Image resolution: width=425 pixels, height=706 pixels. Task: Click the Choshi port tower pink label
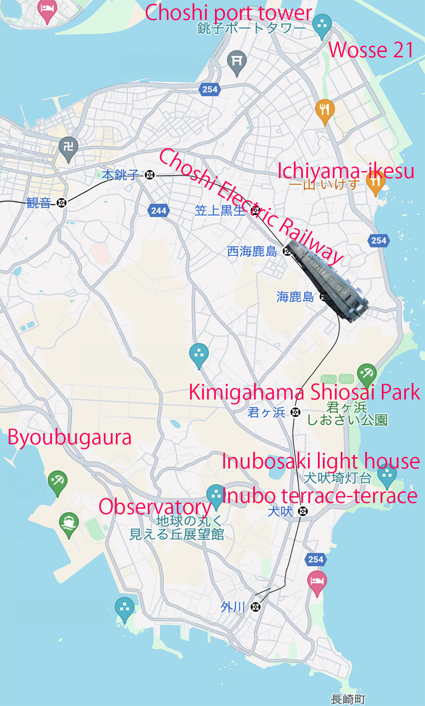point(228,12)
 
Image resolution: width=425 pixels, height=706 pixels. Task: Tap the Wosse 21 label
point(371,50)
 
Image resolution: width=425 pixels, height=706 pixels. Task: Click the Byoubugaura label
point(70,437)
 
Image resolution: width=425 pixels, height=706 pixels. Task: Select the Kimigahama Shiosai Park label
point(304,392)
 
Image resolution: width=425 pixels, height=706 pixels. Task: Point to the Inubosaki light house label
point(321,461)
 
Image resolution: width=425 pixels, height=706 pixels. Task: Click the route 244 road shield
point(159,211)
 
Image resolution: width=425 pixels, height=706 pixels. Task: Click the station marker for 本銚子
point(150,175)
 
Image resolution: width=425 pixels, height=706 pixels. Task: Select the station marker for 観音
point(61,203)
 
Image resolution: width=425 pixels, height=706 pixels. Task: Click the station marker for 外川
point(256,607)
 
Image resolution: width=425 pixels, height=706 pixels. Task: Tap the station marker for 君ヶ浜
point(296,412)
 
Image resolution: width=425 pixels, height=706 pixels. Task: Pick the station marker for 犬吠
point(303,511)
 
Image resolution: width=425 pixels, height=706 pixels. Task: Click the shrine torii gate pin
point(237,62)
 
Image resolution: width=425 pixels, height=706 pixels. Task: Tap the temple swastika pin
point(68,147)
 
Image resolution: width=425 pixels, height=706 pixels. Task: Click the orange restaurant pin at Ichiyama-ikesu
point(375,183)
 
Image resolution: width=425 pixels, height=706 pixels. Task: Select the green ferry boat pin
point(69,524)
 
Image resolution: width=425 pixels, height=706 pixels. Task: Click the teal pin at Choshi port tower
point(322,25)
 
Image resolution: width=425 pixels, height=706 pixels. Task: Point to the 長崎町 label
point(348,699)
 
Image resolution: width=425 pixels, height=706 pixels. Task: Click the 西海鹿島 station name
point(252,251)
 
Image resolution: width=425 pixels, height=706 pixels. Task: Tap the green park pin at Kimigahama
point(366,373)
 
